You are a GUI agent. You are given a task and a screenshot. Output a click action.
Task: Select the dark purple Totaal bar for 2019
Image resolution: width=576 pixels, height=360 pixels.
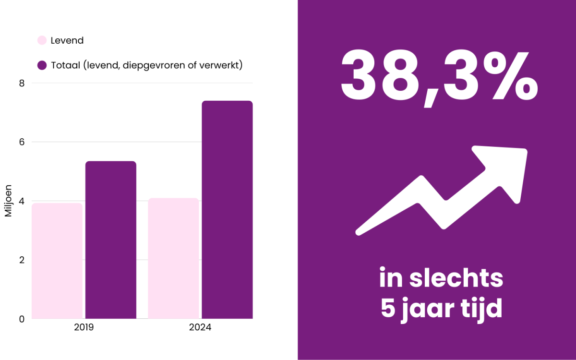click(111, 240)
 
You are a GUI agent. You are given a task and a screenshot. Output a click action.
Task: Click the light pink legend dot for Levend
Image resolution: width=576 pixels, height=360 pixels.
click(42, 40)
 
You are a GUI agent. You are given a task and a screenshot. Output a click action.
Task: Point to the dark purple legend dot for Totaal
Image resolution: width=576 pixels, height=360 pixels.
click(42, 65)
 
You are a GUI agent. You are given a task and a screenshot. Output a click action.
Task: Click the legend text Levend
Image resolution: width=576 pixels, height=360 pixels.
click(67, 40)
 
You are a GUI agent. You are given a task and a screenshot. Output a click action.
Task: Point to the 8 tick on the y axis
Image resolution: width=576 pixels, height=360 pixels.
click(21, 83)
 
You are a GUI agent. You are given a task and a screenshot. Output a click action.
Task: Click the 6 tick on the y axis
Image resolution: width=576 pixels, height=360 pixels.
click(21, 142)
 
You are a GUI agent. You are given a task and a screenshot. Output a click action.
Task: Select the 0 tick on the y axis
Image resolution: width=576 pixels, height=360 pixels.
click(21, 319)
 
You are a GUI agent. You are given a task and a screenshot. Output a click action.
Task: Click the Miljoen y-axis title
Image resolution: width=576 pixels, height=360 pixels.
click(9, 201)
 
